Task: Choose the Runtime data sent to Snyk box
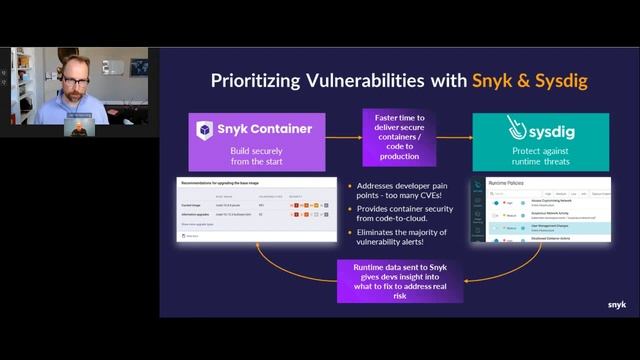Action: click(x=399, y=280)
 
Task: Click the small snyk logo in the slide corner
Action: click(x=617, y=305)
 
